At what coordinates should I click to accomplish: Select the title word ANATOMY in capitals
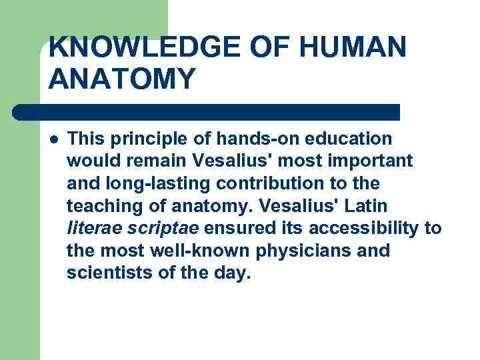coord(123,79)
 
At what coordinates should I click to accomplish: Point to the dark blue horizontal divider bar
coord(207,111)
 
